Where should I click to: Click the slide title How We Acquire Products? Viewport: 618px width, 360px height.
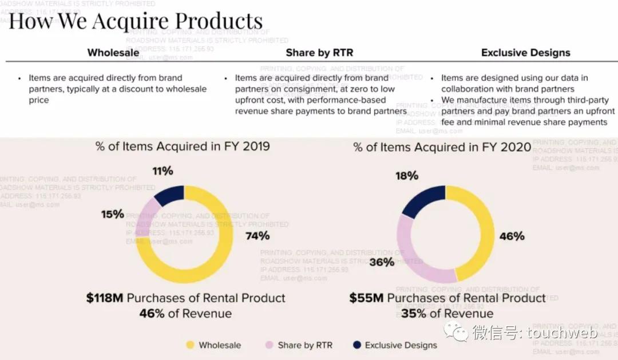[136, 21]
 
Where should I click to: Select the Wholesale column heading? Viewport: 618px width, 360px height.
[113, 53]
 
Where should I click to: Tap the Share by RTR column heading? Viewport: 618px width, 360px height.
[319, 53]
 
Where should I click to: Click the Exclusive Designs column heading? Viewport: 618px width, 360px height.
[525, 53]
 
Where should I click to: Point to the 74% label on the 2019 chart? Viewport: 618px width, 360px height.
[257, 236]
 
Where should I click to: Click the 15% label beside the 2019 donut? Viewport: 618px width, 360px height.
[113, 214]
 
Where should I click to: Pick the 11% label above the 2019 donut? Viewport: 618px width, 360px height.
[163, 171]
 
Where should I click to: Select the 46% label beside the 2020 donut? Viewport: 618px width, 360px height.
[512, 236]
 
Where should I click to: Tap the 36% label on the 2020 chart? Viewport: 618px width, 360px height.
[382, 262]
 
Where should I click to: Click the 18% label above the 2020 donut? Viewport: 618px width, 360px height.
[406, 176]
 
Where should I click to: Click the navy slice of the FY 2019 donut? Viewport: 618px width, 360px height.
[169, 195]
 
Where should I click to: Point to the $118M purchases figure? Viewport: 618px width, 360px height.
[105, 298]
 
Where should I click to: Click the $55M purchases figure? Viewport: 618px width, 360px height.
[366, 298]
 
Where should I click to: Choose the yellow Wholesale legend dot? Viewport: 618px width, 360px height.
[191, 345]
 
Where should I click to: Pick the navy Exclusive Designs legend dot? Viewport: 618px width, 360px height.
[357, 345]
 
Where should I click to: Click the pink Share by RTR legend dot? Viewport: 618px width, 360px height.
[270, 345]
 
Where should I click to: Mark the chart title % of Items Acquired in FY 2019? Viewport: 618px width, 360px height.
[183, 147]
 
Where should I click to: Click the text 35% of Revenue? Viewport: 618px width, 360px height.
[446, 314]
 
